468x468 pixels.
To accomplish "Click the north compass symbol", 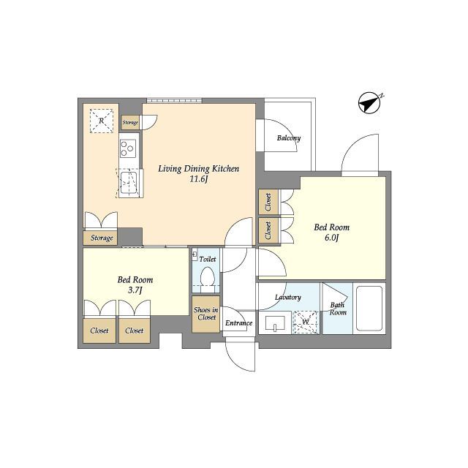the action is pos(369,103).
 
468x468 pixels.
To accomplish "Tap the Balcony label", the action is pos(289,138).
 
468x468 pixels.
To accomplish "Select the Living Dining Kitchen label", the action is pos(198,169).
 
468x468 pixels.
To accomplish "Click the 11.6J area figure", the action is pos(198,179).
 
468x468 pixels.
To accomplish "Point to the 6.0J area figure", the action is pos(331,238).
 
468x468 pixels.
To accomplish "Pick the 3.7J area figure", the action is pos(135,290).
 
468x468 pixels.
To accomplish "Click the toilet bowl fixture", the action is pos(208,277).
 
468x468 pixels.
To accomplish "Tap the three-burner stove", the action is pos(128,148).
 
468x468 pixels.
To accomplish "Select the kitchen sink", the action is pos(129,183).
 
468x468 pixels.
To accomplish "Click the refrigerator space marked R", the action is pos(102,121).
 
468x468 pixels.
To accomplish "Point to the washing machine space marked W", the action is pos(305,322).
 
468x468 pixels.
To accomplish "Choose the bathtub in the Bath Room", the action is pos(369,309).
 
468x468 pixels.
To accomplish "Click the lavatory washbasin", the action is pos(275,323).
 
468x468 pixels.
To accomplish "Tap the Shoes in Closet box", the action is pos(206,314).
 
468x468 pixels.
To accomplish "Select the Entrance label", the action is pos(239,323).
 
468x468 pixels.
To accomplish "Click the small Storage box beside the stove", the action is pos(130,122).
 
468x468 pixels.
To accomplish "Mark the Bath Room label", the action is pos(338,309).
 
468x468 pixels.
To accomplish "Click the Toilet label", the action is pos(208,260).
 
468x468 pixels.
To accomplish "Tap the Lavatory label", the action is pos(288,298).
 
